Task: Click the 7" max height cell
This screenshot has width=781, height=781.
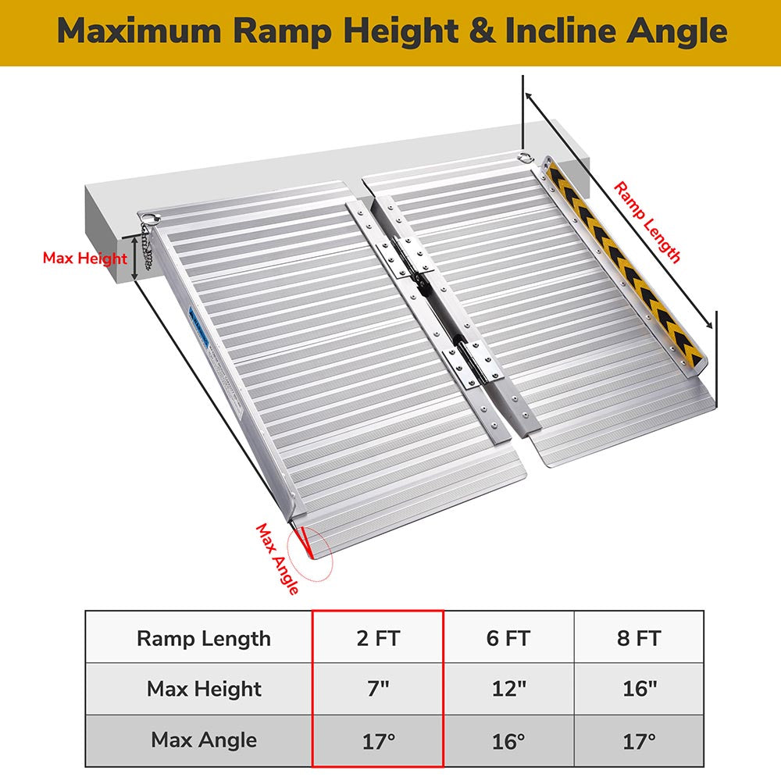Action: (x=378, y=689)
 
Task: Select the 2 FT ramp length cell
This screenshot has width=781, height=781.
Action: (x=378, y=638)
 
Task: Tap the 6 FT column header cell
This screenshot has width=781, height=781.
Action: (x=508, y=638)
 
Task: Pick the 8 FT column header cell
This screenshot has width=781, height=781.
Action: (x=638, y=638)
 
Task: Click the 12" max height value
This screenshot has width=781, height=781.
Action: (x=508, y=689)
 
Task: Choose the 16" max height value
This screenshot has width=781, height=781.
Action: (x=638, y=689)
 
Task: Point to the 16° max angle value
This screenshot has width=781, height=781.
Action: (x=508, y=740)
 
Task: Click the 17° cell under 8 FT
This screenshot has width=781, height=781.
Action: (x=638, y=740)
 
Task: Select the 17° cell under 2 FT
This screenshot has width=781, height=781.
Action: (x=378, y=740)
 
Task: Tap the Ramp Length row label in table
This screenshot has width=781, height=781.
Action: (x=204, y=638)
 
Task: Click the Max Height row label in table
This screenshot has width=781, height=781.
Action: (x=204, y=689)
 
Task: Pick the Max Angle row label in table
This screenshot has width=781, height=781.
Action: (x=204, y=740)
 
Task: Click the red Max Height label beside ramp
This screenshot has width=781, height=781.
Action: (x=84, y=259)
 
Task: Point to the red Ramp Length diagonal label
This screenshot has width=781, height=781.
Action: (x=647, y=223)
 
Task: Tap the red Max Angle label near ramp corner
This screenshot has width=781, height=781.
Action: (x=278, y=559)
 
